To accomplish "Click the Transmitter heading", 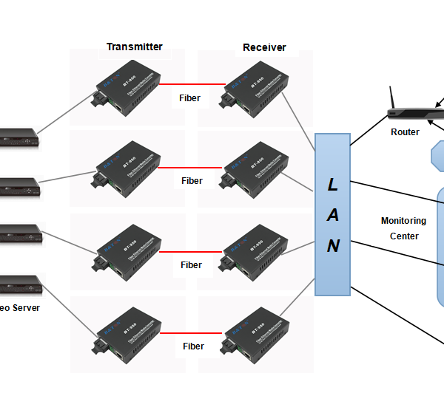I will click(134, 47).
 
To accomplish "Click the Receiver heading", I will click(264, 48).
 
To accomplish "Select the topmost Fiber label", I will click(190, 98).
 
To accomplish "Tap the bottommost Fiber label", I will click(193, 346).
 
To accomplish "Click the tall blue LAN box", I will click(332, 214).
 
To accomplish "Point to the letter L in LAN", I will click(332, 185).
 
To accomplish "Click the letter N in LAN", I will click(333, 246).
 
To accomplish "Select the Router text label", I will click(405, 132).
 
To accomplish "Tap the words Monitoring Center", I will click(403, 228).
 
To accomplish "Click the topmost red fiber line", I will click(190, 83).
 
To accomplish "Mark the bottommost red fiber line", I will click(191, 333).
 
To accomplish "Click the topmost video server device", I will click(18, 137).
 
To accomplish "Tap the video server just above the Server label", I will click(18, 283).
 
